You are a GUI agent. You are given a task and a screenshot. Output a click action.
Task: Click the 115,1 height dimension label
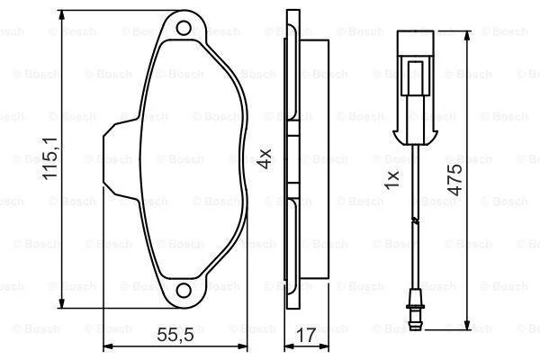pos(50,157)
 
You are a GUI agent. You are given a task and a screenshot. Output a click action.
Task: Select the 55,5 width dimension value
pos(175,335)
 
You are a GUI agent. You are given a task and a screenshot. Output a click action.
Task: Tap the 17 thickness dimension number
pos(307,335)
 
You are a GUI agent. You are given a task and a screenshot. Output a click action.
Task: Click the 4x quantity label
pos(265,158)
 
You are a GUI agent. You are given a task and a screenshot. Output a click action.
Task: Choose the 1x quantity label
pos(391,179)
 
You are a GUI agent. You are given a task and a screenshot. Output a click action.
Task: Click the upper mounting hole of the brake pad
pos(184,28)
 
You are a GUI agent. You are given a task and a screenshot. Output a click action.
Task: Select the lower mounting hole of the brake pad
pos(184,291)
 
